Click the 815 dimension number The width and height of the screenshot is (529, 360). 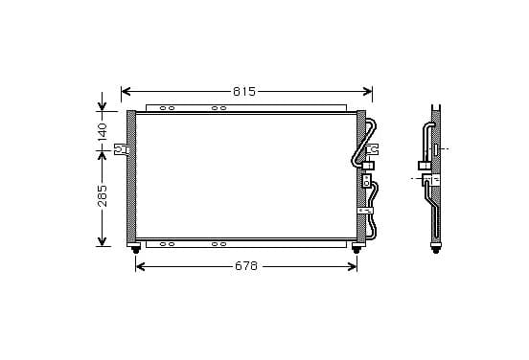pyautogui.click(x=244, y=91)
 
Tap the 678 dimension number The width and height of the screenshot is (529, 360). pyautogui.click(x=246, y=266)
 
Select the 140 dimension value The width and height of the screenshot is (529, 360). pyautogui.click(x=102, y=131)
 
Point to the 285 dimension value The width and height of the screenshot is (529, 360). pyautogui.click(x=102, y=196)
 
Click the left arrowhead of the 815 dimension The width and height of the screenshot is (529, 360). pyautogui.click(x=126, y=91)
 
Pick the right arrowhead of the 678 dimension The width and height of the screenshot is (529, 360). pyautogui.click(x=352, y=266)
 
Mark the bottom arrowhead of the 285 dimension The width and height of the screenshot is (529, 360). pyautogui.click(x=102, y=241)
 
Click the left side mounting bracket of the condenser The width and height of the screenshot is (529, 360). pyautogui.click(x=121, y=149)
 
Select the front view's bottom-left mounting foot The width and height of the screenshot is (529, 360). pyautogui.click(x=136, y=248)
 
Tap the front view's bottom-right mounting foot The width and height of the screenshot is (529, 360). pyautogui.click(x=356, y=248)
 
